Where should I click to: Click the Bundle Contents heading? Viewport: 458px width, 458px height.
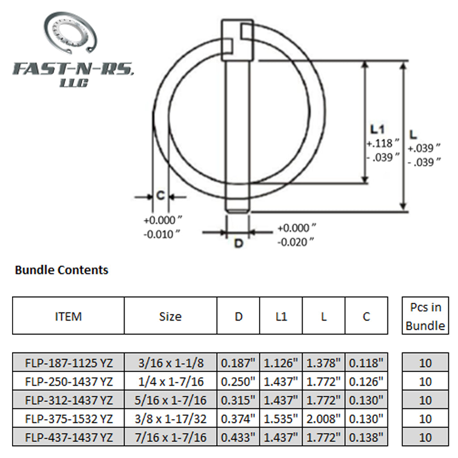coord(62,270)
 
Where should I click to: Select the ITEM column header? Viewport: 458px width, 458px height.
coord(68,317)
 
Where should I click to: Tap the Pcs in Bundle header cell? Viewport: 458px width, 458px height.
coord(425,316)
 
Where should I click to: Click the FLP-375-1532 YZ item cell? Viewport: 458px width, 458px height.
coord(68,419)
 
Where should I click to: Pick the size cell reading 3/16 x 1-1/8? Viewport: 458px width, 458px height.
coord(170,363)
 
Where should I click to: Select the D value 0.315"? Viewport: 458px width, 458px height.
coord(238,400)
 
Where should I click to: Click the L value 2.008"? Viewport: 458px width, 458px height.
coord(324,419)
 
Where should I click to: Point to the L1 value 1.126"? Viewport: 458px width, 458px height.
coord(281,363)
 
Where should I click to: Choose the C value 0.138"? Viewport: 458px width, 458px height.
coord(366,437)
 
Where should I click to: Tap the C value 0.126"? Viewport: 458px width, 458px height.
coord(366,382)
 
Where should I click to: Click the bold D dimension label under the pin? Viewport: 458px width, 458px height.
coord(239,244)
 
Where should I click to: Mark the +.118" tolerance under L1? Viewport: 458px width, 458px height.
coord(383,144)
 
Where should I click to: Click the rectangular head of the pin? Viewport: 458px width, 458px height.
coord(237,40)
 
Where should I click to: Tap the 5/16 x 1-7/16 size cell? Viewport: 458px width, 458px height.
coord(170,400)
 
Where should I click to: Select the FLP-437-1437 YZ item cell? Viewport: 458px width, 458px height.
coord(68,437)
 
